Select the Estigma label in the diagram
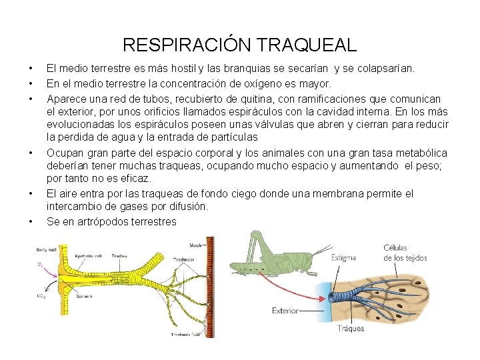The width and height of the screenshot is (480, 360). pyautogui.click(x=343, y=258)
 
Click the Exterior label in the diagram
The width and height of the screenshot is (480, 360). pyautogui.click(x=285, y=311)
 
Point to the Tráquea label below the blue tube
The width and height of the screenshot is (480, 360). pyautogui.click(x=350, y=329)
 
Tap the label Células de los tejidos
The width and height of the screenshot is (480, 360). pyautogui.click(x=405, y=253)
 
